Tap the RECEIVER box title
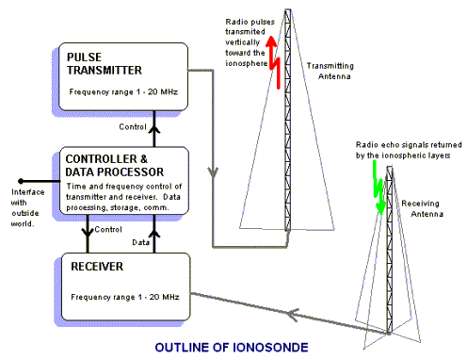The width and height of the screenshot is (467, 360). pos(96,267)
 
